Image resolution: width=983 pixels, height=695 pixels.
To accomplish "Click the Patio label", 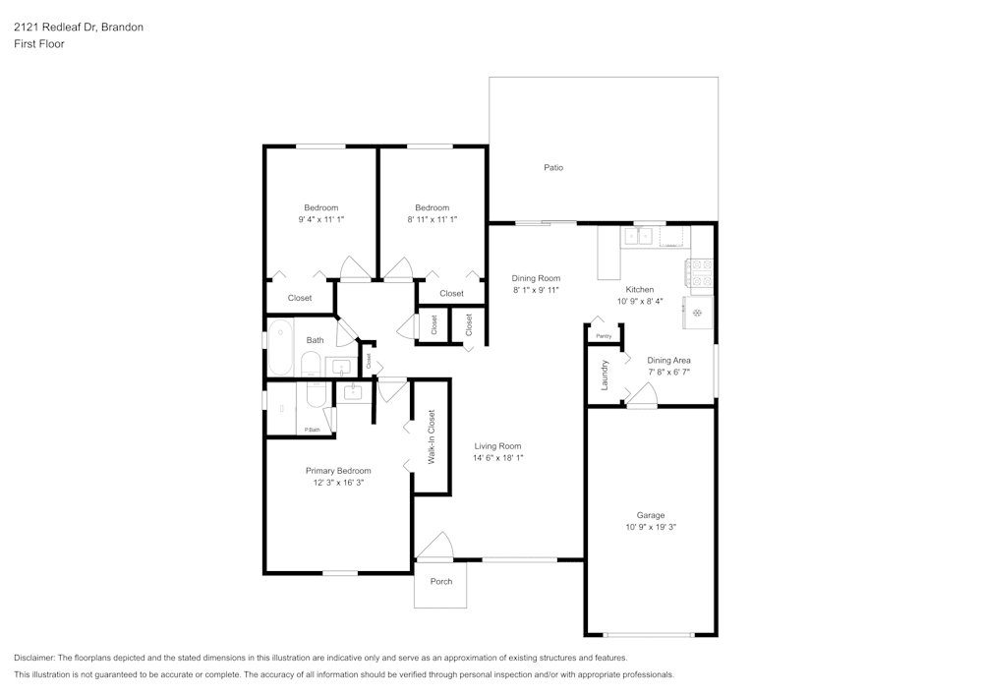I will pyautogui.click(x=553, y=168).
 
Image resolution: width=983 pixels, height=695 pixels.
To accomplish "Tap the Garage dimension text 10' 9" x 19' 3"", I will pyautogui.click(x=650, y=528).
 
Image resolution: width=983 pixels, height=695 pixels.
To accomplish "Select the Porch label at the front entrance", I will pyautogui.click(x=441, y=581).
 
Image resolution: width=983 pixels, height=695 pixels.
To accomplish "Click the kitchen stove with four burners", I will pyautogui.click(x=699, y=272).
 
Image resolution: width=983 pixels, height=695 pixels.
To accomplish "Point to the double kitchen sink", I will pyautogui.click(x=637, y=236).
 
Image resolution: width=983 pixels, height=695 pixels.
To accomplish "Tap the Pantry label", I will pyautogui.click(x=604, y=336).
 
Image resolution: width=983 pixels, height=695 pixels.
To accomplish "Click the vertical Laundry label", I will pyautogui.click(x=605, y=374).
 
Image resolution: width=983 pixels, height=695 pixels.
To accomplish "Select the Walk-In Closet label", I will pyautogui.click(x=431, y=437).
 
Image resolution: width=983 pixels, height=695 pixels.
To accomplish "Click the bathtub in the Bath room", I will pyautogui.click(x=280, y=348).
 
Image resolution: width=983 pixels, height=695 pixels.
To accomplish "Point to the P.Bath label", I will pyautogui.click(x=312, y=430).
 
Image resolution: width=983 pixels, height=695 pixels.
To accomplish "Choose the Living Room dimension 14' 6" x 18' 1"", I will pyautogui.click(x=498, y=458).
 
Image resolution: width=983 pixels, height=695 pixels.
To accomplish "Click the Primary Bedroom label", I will pyautogui.click(x=338, y=471).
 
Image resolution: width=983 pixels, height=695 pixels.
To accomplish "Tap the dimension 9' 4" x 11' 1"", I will pyautogui.click(x=320, y=220).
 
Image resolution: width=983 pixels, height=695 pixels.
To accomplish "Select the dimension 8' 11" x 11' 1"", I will pyautogui.click(x=432, y=220).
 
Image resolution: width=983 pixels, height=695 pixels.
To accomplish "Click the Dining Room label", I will pyautogui.click(x=536, y=278).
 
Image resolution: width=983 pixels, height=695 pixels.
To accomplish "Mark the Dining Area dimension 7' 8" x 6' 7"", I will pyautogui.click(x=668, y=373).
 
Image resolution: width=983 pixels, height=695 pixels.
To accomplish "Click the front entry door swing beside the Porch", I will pyautogui.click(x=435, y=547).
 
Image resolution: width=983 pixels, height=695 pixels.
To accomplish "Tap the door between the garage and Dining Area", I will pyautogui.click(x=643, y=395).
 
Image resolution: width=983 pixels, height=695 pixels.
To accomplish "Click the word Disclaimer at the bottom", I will pyautogui.click(x=34, y=658).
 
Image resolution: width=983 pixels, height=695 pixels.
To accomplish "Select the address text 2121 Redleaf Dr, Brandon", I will pyautogui.click(x=78, y=28).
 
